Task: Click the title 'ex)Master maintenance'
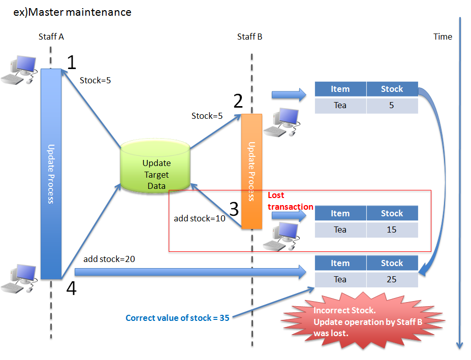[x=72, y=12]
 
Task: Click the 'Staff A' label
[x=51, y=37]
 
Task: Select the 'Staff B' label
[x=249, y=37]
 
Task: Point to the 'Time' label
[x=443, y=37]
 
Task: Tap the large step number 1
[x=72, y=62]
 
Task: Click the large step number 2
[x=238, y=101]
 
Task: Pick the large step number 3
[x=234, y=208]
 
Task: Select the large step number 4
[x=72, y=288]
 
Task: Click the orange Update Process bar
[x=252, y=171]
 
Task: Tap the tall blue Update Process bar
[x=51, y=174]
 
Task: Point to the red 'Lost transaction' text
[x=290, y=201]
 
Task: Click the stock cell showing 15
[x=392, y=230]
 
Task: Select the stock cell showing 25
[x=392, y=279]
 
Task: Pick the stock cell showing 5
[x=392, y=105]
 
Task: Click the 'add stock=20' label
[x=109, y=259]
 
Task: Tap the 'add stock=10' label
[x=199, y=218]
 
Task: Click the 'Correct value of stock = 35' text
[x=177, y=318]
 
